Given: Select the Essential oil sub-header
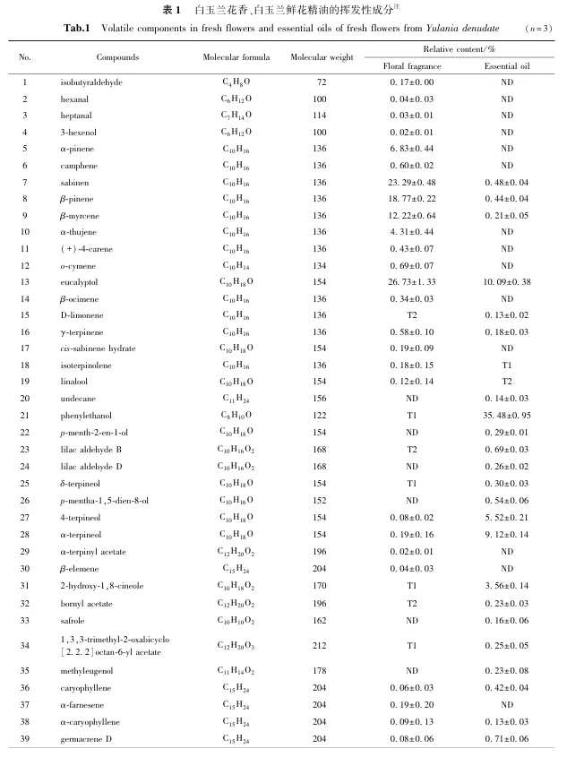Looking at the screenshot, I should [x=506, y=66].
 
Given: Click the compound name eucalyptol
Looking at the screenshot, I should [x=80, y=282].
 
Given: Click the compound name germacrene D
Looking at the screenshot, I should [x=85, y=738].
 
